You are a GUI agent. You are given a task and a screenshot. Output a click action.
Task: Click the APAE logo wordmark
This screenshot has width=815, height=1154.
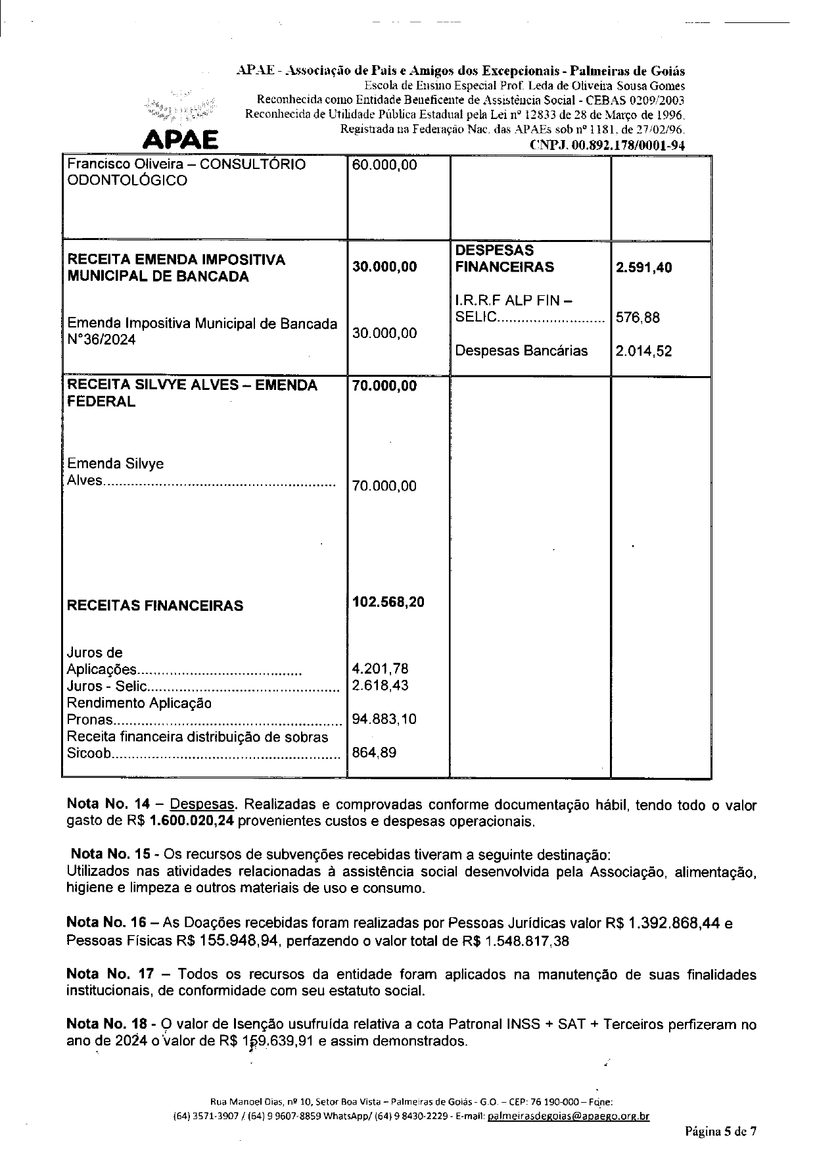coord(181,139)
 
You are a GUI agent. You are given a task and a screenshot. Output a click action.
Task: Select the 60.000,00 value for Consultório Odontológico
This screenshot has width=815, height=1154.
coord(384,164)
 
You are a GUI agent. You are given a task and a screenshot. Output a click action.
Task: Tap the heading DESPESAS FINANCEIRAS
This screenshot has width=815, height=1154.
coord(504,258)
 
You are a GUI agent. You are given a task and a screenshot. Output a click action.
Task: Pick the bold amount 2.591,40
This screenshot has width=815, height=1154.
coord(643,267)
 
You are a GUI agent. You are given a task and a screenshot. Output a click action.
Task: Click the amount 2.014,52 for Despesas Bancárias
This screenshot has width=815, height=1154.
coord(643,351)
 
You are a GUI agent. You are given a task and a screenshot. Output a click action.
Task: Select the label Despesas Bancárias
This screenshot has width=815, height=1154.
coord(521,350)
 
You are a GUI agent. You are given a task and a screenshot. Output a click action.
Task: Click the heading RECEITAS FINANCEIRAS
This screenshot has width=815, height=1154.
coord(155,606)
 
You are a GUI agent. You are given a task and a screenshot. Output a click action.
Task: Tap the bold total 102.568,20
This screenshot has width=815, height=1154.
coord(388,602)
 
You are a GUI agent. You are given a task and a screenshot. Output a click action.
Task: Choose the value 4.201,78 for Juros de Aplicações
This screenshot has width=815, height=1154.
coord(381,669)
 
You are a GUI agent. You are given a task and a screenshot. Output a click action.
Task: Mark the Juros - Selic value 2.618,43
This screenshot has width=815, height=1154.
coord(381,685)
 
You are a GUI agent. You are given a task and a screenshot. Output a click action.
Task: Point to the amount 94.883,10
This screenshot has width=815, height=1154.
coord(384,719)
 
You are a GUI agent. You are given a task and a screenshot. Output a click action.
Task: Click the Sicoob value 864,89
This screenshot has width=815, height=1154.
coord(374,752)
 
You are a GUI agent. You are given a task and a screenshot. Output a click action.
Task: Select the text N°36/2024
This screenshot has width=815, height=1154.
coord(102,340)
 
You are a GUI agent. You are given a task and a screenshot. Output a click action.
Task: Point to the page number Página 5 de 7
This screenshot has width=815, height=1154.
coord(721,1132)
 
